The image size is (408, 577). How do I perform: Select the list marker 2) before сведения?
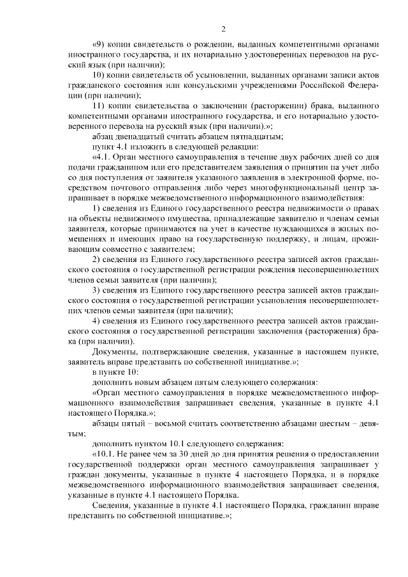[x=98, y=259]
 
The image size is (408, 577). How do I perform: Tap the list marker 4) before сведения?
[x=98, y=321]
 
